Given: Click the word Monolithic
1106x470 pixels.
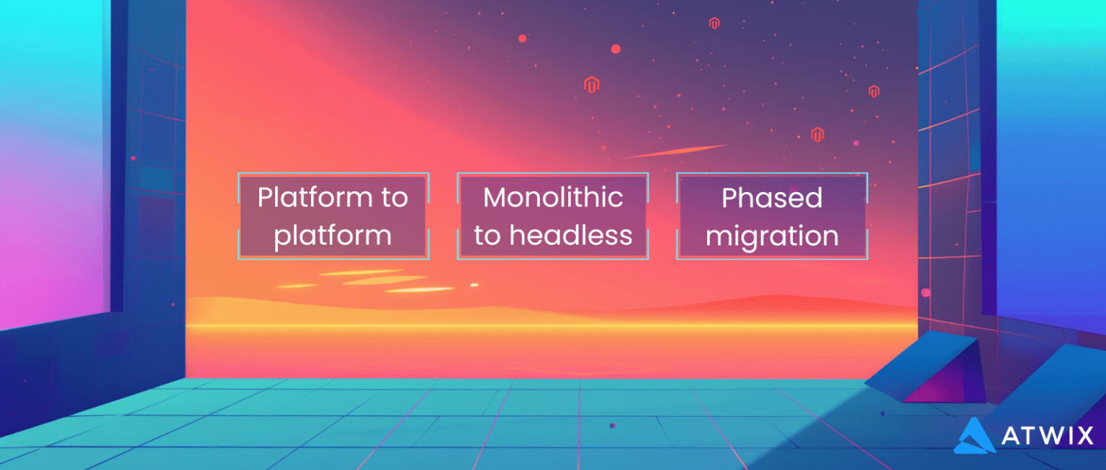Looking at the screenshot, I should (553, 197).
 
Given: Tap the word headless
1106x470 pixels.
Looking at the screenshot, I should (577, 235).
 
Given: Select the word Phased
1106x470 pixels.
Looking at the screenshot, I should (772, 198).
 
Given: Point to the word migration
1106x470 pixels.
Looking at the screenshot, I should (772, 236).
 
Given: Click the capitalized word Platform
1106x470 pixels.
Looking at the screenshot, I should (311, 197).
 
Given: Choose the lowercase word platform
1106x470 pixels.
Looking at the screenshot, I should (333, 236).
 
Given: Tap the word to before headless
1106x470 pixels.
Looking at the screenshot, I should (487, 235).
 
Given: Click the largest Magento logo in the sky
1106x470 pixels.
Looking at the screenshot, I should (592, 84).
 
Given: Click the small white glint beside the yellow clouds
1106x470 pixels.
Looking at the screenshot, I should (474, 285).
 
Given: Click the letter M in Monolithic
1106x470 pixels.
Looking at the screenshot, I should (495, 197).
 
